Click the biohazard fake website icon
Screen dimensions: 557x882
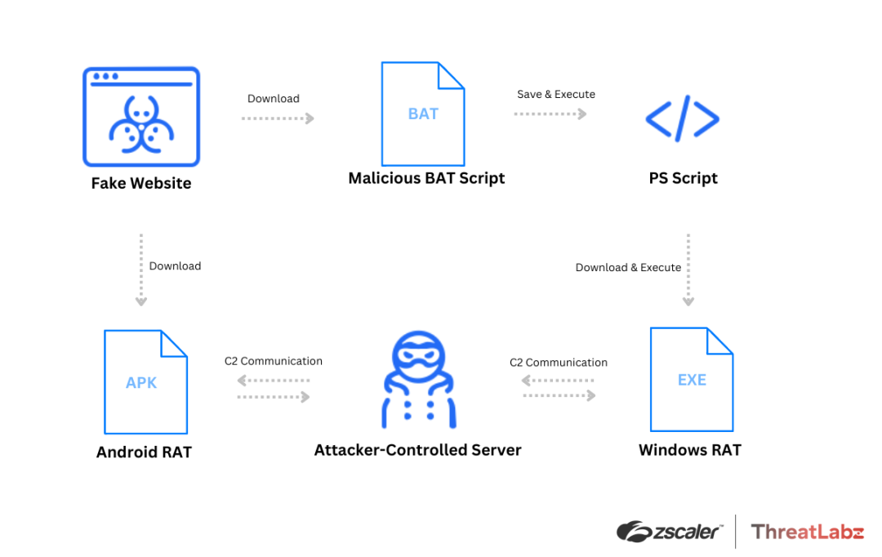141,117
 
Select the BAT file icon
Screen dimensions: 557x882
423,114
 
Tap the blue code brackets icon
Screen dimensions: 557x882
682,119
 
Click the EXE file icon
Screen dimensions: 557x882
691,379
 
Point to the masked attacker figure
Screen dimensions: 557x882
417,381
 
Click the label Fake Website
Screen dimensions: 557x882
141,184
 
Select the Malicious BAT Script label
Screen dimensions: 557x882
426,178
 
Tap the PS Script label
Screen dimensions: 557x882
683,178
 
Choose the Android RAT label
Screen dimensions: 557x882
144,452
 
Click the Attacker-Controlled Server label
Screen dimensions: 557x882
417,450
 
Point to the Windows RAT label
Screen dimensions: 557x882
689,450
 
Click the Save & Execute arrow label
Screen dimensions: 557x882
556,95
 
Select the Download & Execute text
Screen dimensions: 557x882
628,267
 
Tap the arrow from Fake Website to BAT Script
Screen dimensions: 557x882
278,118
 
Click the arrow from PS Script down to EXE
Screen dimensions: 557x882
688,270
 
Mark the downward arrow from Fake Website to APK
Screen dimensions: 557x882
141,270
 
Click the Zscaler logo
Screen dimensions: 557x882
670,532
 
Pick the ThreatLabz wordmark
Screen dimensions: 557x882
807,532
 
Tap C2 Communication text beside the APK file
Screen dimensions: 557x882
274,361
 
